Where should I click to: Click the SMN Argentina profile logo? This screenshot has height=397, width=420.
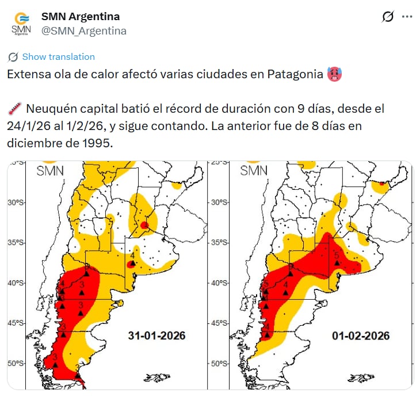coord(21,24)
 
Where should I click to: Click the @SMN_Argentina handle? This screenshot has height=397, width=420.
coord(84,31)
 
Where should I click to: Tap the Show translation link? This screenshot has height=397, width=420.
coord(58,56)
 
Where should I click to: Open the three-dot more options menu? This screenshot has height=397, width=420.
coord(407,17)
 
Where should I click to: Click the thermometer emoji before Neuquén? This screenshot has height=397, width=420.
coord(14,109)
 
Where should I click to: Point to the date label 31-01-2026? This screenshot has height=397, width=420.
coord(156,335)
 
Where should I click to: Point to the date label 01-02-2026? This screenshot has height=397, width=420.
coord(360,335)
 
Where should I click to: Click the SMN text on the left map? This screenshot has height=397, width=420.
coord(51,170)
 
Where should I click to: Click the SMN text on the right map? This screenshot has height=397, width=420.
coord(254,170)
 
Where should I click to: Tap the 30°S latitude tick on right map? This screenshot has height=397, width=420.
coord(219,202)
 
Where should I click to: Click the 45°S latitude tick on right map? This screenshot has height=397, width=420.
coord(219,323)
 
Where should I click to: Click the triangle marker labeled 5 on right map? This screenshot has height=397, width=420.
coord(337,262)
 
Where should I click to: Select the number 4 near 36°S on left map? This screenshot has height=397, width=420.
coord(132,255)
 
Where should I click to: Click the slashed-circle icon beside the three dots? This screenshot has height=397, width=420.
coord(388,17)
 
